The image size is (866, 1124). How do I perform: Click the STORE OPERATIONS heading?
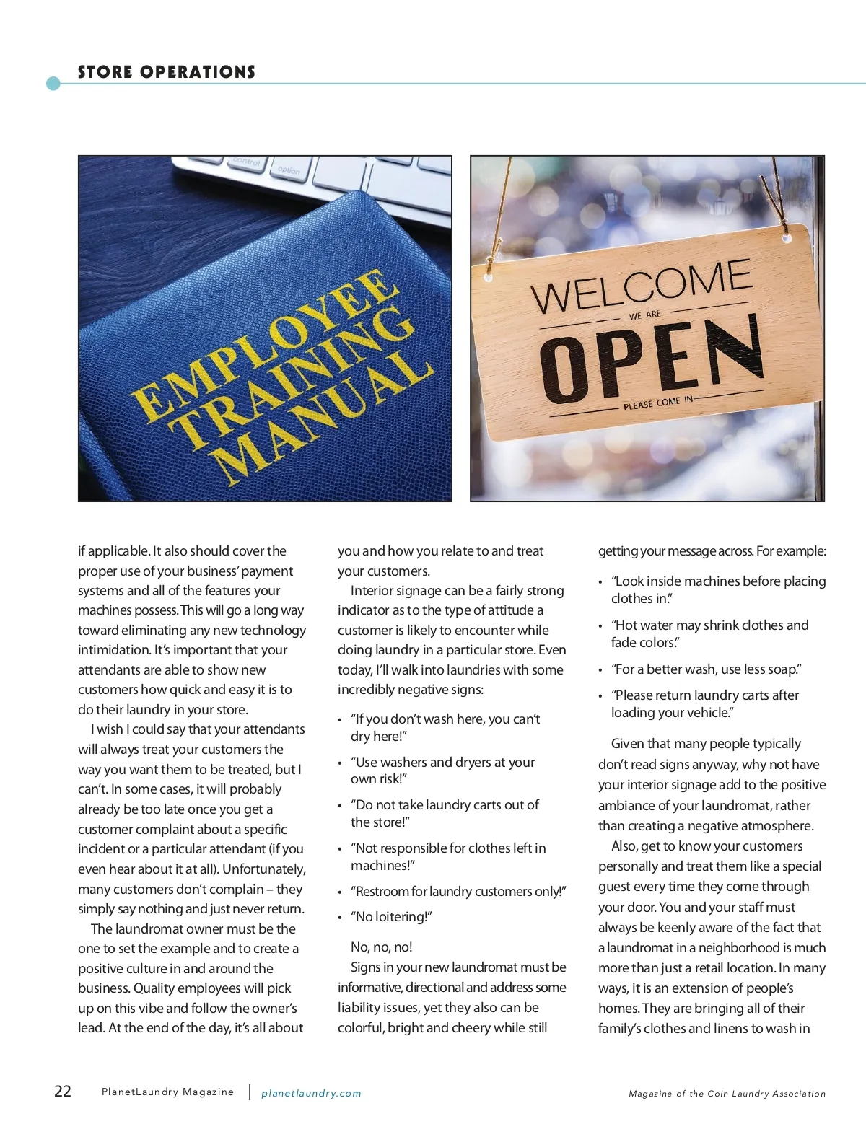pos(167,72)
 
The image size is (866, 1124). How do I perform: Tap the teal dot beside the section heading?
pos(53,84)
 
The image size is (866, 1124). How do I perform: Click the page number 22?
pos(63,1090)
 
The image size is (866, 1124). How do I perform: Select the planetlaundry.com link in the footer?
pos(311,1093)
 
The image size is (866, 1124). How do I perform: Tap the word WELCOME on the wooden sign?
pos(641,286)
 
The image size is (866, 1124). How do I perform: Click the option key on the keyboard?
pos(289,171)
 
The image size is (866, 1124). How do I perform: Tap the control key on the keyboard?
pos(247,162)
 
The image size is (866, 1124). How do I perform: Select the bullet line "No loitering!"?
pos(391,917)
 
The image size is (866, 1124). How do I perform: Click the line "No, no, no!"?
pos(381,947)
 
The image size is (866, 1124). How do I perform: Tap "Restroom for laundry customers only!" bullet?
pos(458,892)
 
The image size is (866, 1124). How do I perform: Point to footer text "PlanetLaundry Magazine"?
pos(167,1092)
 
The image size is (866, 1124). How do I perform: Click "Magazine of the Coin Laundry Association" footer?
pos(727,1094)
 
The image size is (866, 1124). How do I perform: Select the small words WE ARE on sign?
pos(644,315)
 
